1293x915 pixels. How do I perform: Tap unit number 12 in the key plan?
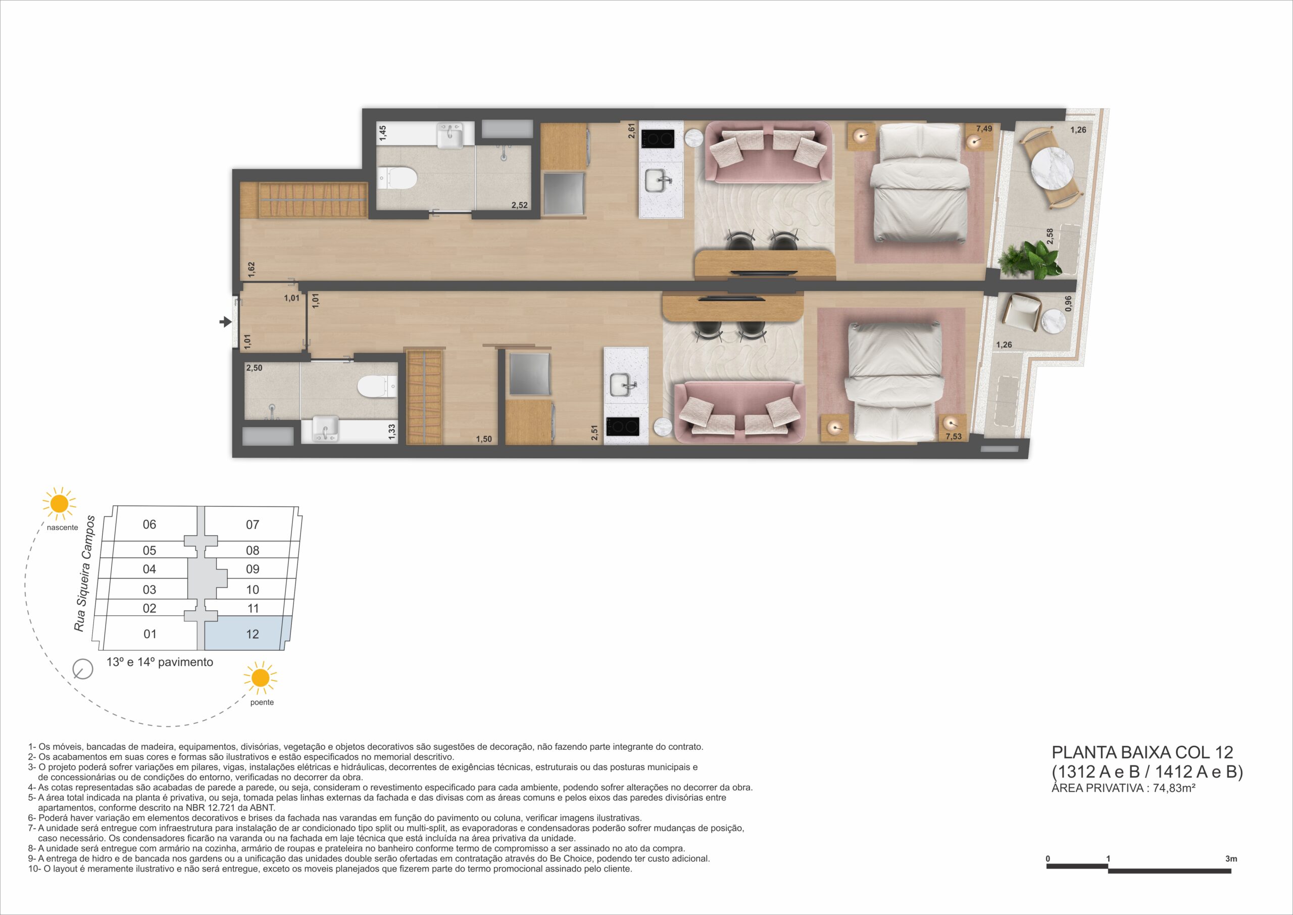click(253, 634)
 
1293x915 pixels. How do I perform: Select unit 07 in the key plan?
click(253, 524)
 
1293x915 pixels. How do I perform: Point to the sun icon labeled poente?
click(261, 679)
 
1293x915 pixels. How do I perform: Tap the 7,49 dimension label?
click(984, 129)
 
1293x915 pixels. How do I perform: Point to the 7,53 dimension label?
click(954, 437)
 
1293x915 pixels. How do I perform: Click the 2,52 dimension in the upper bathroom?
click(519, 206)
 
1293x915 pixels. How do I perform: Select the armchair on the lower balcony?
click(1023, 313)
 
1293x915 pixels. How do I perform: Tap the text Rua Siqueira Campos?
click(85, 573)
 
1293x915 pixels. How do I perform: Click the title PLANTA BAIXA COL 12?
click(1142, 752)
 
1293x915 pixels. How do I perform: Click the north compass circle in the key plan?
click(83, 669)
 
